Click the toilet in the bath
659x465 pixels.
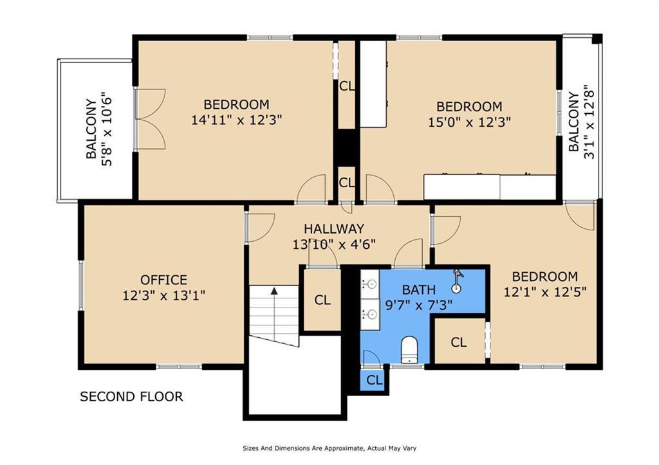409,351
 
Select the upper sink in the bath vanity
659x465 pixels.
369,282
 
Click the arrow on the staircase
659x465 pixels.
274,291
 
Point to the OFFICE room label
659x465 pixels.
164,280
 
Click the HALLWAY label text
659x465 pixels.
334,229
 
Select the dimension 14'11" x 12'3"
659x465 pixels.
236,120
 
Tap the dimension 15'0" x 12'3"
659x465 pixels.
469,122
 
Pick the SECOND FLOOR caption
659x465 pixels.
131,397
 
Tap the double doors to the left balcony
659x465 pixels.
149,120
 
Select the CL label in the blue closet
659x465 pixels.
375,380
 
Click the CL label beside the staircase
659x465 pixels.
322,300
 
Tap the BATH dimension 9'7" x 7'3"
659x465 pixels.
419,305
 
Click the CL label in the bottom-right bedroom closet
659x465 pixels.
458,343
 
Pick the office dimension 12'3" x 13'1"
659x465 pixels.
164,296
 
